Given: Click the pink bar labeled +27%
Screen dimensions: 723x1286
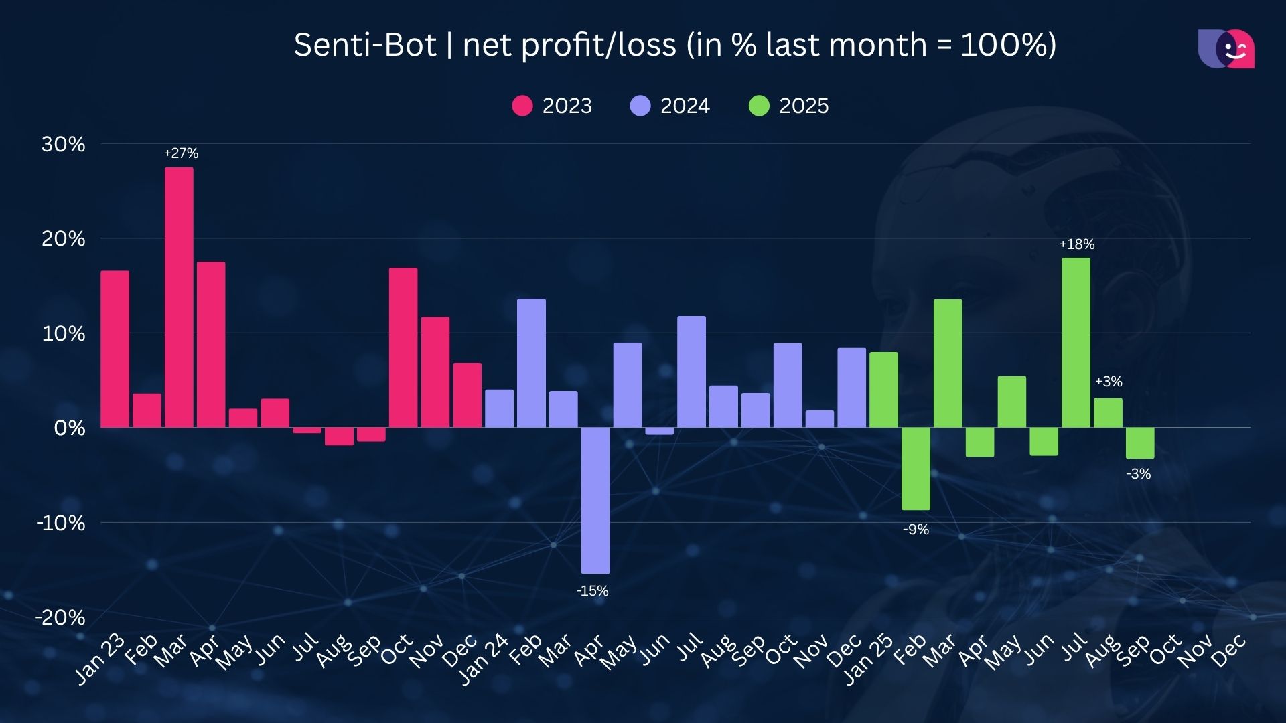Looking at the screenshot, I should pyautogui.click(x=179, y=297).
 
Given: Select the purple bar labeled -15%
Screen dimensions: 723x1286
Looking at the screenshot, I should pyautogui.click(x=595, y=500).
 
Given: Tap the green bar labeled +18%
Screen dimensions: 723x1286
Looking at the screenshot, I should pyautogui.click(x=1076, y=343).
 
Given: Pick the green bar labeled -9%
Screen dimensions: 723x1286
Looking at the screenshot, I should pyautogui.click(x=916, y=469).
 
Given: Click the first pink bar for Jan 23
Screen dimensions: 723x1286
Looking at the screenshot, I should pyautogui.click(x=115, y=349).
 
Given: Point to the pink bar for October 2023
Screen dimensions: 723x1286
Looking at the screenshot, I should pyautogui.click(x=403, y=347).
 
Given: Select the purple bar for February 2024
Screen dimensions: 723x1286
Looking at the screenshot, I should pyautogui.click(x=531, y=363).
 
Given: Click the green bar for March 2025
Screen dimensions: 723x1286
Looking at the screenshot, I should pyautogui.click(x=948, y=363).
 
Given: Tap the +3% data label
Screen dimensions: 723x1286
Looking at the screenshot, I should pyautogui.click(x=1109, y=382).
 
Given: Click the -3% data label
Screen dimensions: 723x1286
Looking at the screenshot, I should pyautogui.click(x=1139, y=474).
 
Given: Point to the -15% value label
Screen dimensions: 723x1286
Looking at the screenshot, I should pyautogui.click(x=593, y=591).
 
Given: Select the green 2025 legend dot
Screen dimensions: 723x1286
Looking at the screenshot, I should pyautogui.click(x=759, y=106).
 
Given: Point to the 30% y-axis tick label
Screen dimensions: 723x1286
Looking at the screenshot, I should pyautogui.click(x=63, y=144).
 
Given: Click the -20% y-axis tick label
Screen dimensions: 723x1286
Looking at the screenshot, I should pyautogui.click(x=60, y=617).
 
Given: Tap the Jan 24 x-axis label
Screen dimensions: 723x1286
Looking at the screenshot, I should pyautogui.click(x=484, y=659).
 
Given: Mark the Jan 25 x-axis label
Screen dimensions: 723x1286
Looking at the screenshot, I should pyautogui.click(x=868, y=659).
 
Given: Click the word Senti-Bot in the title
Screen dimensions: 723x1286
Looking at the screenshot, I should pyautogui.click(x=365, y=45).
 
